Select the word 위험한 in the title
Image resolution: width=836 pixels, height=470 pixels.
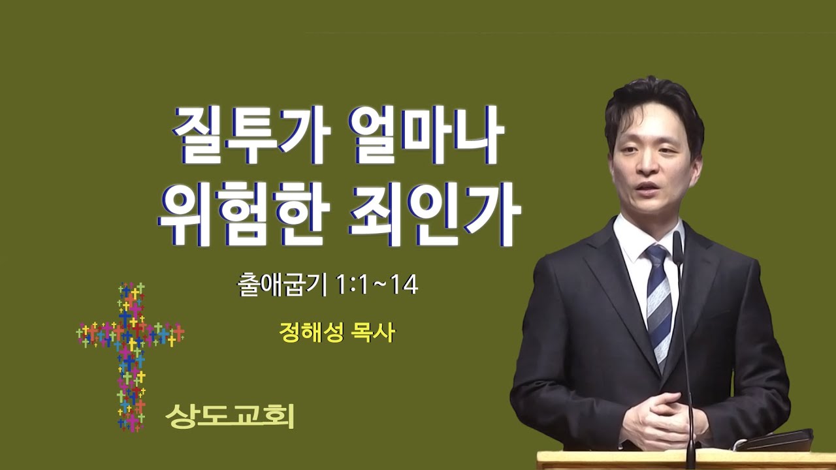pyautogui.click(x=243, y=215)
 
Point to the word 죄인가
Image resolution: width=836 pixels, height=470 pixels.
pyautogui.click(x=435, y=215)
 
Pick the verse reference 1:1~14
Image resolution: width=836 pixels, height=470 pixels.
pyautogui.click(x=377, y=286)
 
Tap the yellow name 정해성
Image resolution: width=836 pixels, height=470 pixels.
pyautogui.click(x=311, y=333)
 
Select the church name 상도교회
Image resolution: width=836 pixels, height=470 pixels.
pyautogui.click(x=230, y=416)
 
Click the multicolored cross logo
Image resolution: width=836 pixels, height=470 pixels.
pyautogui.click(x=130, y=356)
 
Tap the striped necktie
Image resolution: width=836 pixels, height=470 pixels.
pyautogui.click(x=660, y=306)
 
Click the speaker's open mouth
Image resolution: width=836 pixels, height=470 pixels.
pyautogui.click(x=647, y=187)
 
